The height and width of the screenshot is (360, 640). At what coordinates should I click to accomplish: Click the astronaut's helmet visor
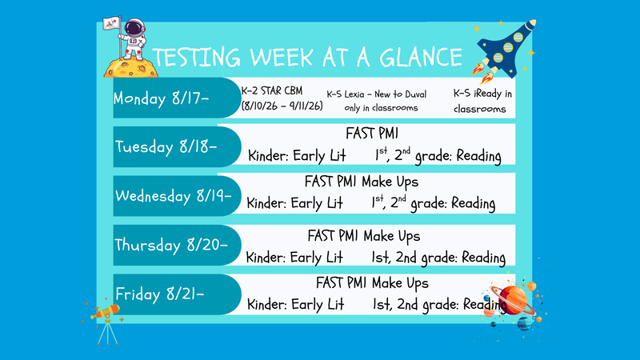pos(134,28)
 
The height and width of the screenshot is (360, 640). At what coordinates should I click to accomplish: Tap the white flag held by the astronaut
pos(111,23)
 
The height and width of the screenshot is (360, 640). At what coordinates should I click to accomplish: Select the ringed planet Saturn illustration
pos(513,300)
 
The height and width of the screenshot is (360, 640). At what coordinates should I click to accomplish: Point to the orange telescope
pos(106,312)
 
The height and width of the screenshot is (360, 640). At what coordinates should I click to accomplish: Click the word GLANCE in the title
pos(421,57)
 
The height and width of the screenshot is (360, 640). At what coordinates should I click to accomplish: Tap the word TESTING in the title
pos(196,58)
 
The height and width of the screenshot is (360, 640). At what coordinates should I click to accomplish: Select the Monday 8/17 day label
pos(162,98)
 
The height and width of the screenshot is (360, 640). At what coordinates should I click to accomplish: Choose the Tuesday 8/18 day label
pos(166,147)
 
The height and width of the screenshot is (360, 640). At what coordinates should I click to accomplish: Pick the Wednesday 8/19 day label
pos(173,196)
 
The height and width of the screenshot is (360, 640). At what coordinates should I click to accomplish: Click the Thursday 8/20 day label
pos(170,245)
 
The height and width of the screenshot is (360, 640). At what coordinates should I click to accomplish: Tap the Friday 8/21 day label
pos(159,294)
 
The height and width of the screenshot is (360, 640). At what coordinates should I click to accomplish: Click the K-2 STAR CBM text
pos(272,90)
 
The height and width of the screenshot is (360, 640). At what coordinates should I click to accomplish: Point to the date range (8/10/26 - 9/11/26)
pos(282,106)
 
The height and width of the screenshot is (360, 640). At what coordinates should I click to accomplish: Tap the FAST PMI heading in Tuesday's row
pos(372,134)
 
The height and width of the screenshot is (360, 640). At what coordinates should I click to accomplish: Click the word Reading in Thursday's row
pos(484,258)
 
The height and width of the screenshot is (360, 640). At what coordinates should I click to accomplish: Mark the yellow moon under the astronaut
pos(130,67)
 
